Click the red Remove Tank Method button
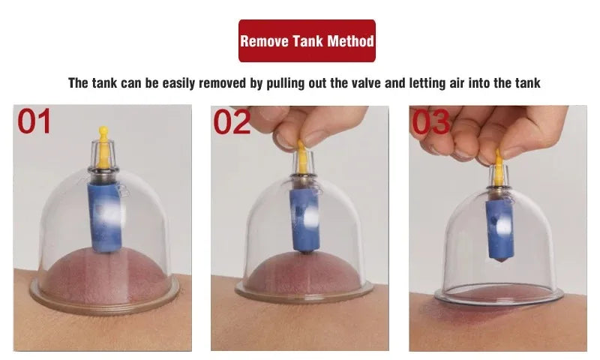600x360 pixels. coord(307,41)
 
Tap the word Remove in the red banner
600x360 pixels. coord(265,41)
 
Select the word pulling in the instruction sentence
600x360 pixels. coord(285,83)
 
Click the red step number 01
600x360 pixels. coord(34,121)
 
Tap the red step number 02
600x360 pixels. coord(231,122)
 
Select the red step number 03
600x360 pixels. coord(430,122)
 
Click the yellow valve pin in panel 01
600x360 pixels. coord(103,147)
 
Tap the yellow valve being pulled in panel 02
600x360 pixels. coord(302,156)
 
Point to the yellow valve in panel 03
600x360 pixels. coord(498,167)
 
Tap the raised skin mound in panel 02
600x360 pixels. coord(303,273)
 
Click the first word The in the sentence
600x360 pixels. coord(79,83)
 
